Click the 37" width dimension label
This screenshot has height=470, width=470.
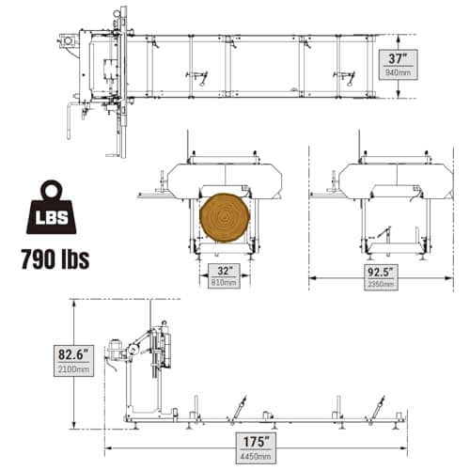(398, 58)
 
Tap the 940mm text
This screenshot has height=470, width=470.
(398, 72)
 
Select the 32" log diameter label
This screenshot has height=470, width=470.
(225, 271)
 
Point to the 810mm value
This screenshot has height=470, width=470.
(224, 283)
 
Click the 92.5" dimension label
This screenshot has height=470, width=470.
(381, 272)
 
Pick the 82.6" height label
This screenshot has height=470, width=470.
(73, 354)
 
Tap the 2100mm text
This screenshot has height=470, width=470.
(73, 369)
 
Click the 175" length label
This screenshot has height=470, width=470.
(256, 442)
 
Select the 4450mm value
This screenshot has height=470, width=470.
(256, 456)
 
